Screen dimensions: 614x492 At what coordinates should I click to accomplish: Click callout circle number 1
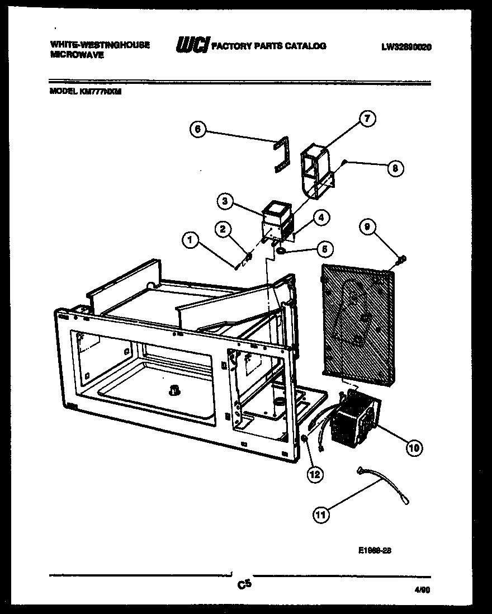point(190,240)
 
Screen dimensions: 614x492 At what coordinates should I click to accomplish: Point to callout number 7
point(367,118)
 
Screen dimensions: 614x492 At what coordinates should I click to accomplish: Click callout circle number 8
point(395,168)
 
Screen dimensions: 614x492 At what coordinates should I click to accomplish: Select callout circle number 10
point(414,446)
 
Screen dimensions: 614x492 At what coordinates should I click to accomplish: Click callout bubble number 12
point(315,474)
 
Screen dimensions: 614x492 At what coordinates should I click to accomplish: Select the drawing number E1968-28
point(374,550)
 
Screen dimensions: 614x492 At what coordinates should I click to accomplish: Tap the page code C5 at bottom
point(244,585)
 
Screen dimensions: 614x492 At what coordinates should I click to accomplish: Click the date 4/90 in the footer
point(422,589)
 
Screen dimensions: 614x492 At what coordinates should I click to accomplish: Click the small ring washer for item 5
point(281,251)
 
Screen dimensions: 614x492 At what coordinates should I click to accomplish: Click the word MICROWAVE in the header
point(77,55)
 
